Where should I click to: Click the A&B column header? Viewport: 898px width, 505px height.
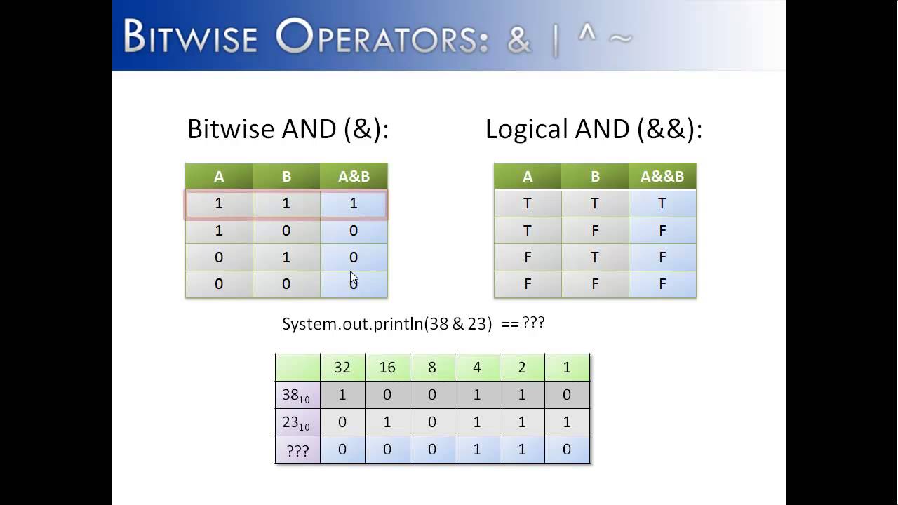click(354, 176)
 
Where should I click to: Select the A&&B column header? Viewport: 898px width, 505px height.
click(662, 176)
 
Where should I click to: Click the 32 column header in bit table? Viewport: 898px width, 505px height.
click(342, 368)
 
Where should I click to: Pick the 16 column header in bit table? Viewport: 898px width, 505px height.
click(387, 368)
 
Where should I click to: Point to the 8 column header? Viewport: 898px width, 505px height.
click(432, 368)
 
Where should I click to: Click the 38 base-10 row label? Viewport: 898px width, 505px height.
click(297, 395)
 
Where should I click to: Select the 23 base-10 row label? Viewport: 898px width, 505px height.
click(297, 422)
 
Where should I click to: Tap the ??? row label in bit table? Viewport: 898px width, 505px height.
click(297, 450)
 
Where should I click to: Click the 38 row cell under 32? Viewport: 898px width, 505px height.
click(342, 395)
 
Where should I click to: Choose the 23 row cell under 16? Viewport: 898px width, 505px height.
click(387, 422)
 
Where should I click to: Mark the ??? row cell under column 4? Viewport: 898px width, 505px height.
click(477, 450)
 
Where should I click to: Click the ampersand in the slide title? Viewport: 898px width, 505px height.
click(519, 41)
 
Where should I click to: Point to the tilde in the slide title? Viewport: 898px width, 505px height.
click(620, 39)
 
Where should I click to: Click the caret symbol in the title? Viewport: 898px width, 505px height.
click(587, 32)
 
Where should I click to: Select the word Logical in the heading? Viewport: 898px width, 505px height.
click(527, 130)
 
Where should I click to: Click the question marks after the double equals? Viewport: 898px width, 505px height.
click(534, 322)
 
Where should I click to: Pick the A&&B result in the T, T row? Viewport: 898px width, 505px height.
click(662, 203)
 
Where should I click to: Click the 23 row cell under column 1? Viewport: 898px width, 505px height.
click(567, 422)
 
